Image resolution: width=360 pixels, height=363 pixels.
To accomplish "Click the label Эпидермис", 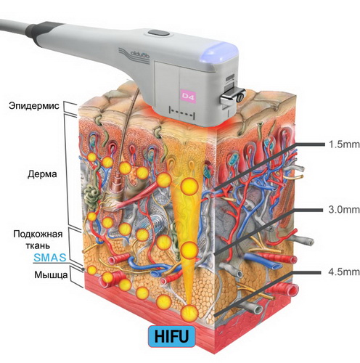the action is click(34, 106).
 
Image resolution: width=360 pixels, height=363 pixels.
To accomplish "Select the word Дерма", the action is click(42, 174).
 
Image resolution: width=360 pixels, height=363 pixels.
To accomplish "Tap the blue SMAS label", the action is click(50, 258).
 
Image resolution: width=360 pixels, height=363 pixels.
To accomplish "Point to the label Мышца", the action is click(51, 275).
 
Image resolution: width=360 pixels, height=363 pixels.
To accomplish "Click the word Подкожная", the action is click(38, 234).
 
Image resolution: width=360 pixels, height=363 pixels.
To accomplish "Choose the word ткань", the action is click(38, 245).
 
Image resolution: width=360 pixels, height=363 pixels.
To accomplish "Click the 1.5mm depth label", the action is click(344, 144).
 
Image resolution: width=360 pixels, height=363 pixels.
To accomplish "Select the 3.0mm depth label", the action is click(344, 210).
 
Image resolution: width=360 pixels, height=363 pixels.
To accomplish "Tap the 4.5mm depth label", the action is click(344, 272).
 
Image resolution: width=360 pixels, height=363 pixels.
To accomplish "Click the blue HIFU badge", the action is click(171, 336).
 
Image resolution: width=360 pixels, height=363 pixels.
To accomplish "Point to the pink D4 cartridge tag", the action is click(188, 97).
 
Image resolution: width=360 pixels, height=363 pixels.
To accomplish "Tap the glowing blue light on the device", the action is click(218, 52).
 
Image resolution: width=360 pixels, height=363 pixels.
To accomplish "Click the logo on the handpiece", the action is click(134, 56).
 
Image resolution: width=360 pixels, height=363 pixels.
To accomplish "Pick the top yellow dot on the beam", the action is click(189, 187).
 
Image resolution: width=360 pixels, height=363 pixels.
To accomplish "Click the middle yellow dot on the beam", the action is click(189, 250).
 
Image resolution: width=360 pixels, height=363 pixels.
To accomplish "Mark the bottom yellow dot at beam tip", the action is click(189, 313).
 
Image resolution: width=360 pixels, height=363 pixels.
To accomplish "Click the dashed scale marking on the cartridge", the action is click(182, 113).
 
